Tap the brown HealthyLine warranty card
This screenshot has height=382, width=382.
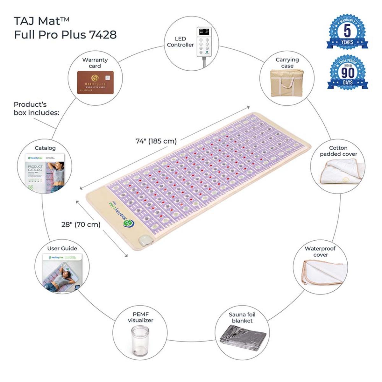point(95,82)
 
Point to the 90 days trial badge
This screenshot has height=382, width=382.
point(347,73)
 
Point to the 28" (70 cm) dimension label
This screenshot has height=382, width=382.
point(81,224)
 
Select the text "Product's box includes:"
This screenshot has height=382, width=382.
point(36,108)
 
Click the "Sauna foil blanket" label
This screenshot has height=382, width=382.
point(242,317)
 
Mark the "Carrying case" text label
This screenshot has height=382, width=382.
point(287,63)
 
